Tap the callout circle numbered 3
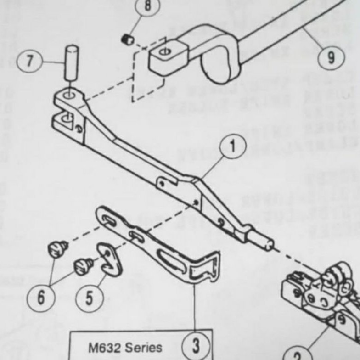(196, 344)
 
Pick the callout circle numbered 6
(41, 297)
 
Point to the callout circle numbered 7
(30, 61)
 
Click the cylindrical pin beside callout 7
(72, 62)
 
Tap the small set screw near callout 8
(127, 40)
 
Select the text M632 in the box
(104, 347)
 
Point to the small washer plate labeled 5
(110, 259)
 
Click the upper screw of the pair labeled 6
(58, 248)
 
